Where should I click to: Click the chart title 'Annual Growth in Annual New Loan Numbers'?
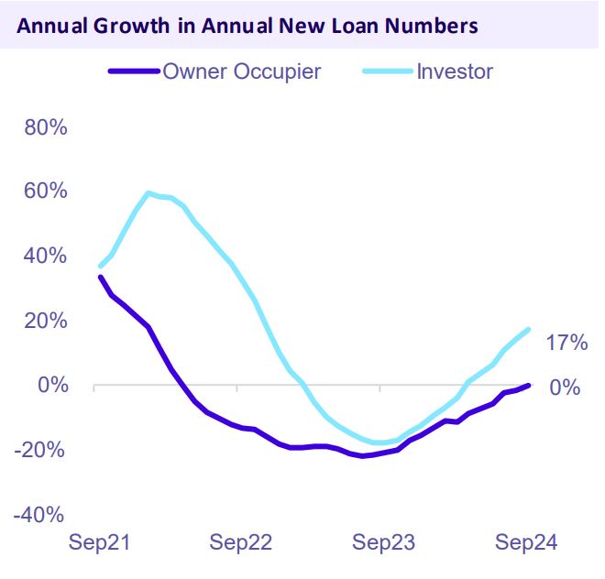247,25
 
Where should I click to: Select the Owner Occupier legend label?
242,71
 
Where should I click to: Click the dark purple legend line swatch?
134,71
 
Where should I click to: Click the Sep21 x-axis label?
99,542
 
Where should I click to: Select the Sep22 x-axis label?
240,542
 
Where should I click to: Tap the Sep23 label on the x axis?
383,542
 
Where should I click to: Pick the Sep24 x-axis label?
525,542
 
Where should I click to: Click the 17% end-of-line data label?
566,344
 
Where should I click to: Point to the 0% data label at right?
565,388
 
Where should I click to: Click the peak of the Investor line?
148,193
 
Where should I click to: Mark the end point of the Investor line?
529,330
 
